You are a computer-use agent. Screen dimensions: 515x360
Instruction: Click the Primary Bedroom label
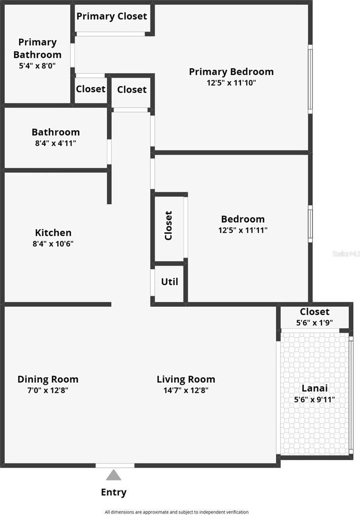231,71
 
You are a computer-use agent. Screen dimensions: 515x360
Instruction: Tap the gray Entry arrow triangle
113,475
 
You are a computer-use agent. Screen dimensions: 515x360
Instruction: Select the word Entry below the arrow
113,492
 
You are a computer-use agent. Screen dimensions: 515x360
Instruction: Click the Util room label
169,282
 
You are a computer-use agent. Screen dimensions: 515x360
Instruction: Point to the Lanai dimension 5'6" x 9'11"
314,399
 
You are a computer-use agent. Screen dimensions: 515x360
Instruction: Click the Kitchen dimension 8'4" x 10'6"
53,244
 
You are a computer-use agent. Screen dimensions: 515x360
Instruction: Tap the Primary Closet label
112,17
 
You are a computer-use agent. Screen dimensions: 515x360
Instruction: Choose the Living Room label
186,379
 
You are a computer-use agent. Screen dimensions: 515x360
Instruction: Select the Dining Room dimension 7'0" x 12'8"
48,391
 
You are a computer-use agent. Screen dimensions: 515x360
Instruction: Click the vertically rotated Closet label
169,226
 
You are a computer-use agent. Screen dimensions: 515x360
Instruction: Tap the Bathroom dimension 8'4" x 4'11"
56,143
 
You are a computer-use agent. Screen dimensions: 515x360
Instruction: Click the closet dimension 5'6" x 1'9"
314,323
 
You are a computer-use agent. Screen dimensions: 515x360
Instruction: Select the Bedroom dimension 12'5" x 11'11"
243,230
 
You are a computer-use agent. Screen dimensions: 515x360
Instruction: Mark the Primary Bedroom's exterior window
310,79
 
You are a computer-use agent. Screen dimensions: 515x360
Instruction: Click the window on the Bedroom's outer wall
310,224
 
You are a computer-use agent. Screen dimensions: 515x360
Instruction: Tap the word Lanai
314,388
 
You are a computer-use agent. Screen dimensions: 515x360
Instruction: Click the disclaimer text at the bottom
176,511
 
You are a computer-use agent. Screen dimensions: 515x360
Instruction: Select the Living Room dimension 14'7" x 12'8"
186,391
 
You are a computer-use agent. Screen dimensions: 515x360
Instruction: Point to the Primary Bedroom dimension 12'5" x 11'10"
231,82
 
